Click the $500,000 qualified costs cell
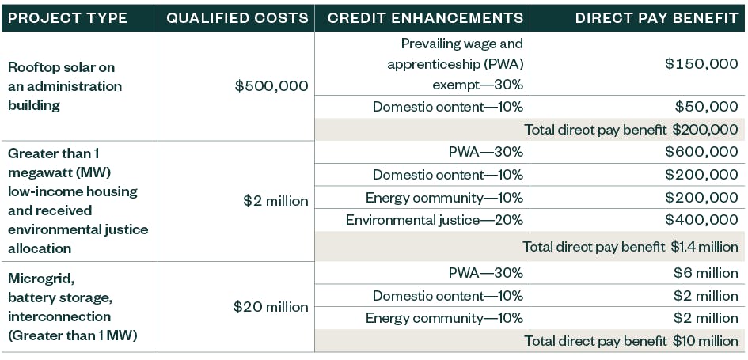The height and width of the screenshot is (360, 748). pyautogui.click(x=271, y=86)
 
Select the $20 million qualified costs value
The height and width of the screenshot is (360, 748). pyautogui.click(x=271, y=307)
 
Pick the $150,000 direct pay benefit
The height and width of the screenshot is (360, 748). pyautogui.click(x=701, y=64)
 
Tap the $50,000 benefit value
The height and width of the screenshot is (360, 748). pyautogui.click(x=706, y=107)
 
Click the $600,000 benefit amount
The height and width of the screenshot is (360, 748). pyautogui.click(x=701, y=152)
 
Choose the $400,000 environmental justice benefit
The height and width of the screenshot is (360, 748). pyautogui.click(x=701, y=220)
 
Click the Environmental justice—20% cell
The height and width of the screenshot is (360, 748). pyautogui.click(x=435, y=220)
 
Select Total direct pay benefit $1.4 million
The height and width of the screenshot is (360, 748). pyautogui.click(x=630, y=247)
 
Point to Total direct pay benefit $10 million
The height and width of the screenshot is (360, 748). pyautogui.click(x=631, y=341)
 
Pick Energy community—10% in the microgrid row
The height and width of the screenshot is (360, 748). pyautogui.click(x=444, y=318)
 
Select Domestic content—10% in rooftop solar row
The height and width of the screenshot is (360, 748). pyautogui.click(x=448, y=107)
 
